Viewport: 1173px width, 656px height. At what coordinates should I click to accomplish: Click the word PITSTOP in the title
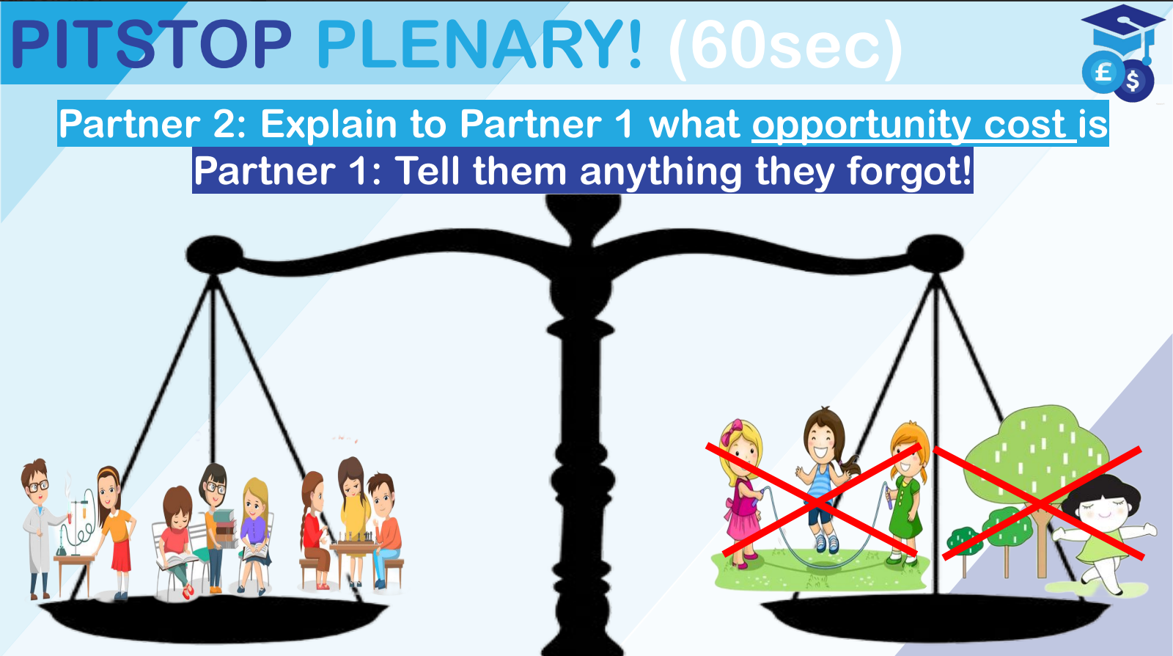click(151, 44)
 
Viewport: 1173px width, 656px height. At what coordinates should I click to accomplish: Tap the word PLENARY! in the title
click(479, 44)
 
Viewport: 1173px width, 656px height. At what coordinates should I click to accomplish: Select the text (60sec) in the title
click(785, 47)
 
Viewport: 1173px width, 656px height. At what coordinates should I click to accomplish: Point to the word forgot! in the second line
click(909, 171)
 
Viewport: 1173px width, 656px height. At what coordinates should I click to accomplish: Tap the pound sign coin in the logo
click(1103, 72)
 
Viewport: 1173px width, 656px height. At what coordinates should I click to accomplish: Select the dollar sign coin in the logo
click(1133, 81)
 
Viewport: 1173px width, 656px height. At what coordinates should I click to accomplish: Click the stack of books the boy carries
click(224, 528)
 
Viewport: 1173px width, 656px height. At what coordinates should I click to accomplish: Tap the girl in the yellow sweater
click(354, 520)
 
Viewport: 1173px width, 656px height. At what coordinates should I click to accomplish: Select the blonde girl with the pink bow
click(741, 492)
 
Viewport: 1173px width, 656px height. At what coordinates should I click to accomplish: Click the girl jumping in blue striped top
click(824, 479)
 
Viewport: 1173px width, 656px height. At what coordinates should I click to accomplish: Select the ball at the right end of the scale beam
click(935, 254)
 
